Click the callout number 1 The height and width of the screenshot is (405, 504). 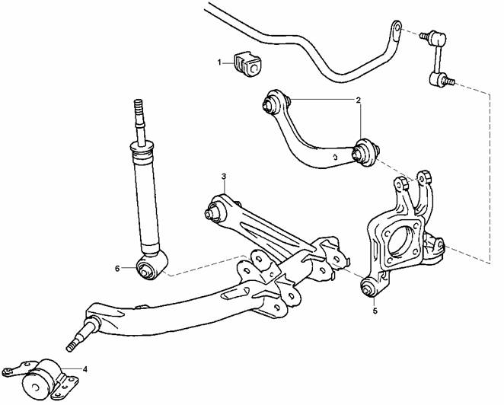pos(220,62)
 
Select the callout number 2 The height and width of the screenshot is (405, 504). pos(358,100)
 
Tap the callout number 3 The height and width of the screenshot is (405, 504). pos(224,177)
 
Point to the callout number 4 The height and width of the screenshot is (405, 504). pos(85,369)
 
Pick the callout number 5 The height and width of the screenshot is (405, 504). pos(375,311)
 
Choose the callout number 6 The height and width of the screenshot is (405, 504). pos(117,269)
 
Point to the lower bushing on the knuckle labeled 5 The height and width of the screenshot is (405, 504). pos(368,288)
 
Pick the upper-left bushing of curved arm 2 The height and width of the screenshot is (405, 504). pos(273,102)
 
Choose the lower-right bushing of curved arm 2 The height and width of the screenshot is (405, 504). pos(365,152)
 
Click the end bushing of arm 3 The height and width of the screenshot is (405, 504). pos(215,211)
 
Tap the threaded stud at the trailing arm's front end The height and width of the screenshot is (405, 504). pos(81,335)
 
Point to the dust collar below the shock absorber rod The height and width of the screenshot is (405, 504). pos(142,150)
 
